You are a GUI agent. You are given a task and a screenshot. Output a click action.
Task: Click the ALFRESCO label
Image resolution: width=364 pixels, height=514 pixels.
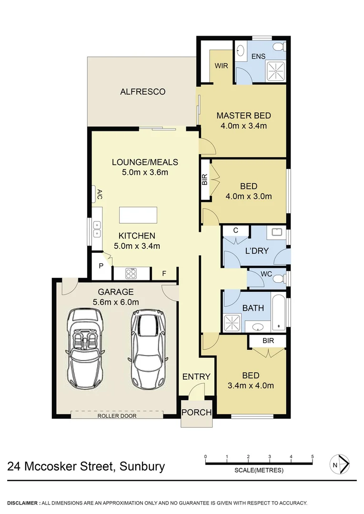pos(142,91)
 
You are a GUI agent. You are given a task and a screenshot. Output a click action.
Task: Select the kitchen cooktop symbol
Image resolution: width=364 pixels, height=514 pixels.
pos(131,273)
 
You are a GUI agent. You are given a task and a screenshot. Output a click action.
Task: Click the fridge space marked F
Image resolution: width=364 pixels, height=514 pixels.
pos(164,274)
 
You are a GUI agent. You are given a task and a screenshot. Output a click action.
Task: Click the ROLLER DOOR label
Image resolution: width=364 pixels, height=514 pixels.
pos(117,415)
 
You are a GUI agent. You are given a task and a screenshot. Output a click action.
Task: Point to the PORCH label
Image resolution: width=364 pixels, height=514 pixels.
pos(197,412)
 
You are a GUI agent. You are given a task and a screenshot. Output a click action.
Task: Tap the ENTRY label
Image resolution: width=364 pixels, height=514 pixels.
pos(196,376)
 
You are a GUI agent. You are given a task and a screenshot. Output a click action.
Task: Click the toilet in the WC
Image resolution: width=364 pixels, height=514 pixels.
pos(278,278)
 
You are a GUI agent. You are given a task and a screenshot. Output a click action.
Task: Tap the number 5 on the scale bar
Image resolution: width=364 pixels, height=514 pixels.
pos(313,456)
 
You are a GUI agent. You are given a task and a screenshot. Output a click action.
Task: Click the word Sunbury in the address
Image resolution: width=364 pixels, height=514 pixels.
pos(142,466)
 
